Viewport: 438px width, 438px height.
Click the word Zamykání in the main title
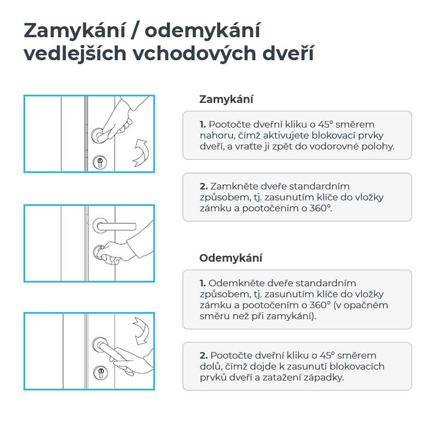pyautogui.click(x=74, y=31)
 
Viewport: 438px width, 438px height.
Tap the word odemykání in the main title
pyautogui.click(x=203, y=31)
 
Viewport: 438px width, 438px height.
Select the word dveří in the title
pyautogui.click(x=289, y=53)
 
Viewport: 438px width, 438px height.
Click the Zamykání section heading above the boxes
pyautogui.click(x=226, y=100)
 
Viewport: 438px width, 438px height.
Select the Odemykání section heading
pyautogui.click(x=230, y=258)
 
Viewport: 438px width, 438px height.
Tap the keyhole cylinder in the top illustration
pyautogui.click(x=100, y=162)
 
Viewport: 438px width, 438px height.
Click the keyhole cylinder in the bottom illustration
pyautogui.click(x=100, y=372)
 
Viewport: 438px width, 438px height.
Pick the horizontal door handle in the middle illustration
pyautogui.click(x=114, y=226)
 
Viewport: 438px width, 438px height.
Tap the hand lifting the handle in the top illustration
pyautogui.click(x=123, y=119)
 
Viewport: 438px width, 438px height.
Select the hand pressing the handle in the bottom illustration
pyautogui.click(x=131, y=360)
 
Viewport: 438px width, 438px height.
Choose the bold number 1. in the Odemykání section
pyautogui.click(x=203, y=283)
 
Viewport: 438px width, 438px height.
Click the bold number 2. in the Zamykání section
pyautogui.click(x=204, y=186)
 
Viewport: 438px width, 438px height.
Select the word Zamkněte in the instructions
pyautogui.click(x=235, y=186)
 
